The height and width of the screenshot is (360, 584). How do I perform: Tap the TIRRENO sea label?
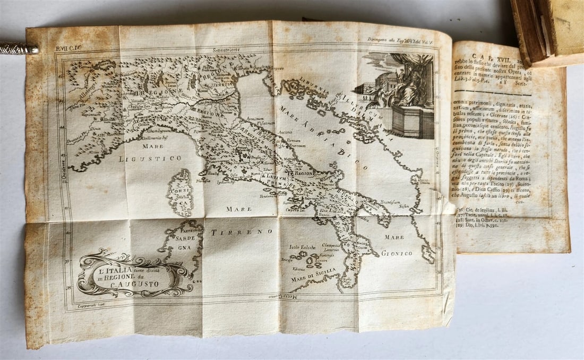242,232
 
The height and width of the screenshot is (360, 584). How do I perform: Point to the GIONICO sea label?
398,253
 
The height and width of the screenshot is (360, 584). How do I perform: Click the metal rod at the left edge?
18,49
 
